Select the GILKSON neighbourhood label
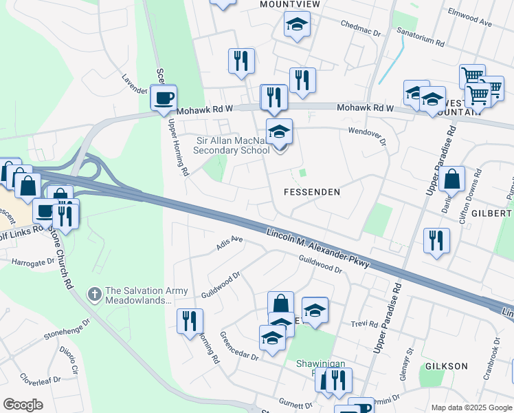[x=447, y=366]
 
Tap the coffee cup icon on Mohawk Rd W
[x=163, y=98]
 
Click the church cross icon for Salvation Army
[x=95, y=295]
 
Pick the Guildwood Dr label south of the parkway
[x=221, y=285]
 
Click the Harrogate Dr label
[x=32, y=262]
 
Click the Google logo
[x=23, y=405]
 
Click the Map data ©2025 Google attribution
[x=470, y=407]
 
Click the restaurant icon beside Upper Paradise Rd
[x=436, y=241]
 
